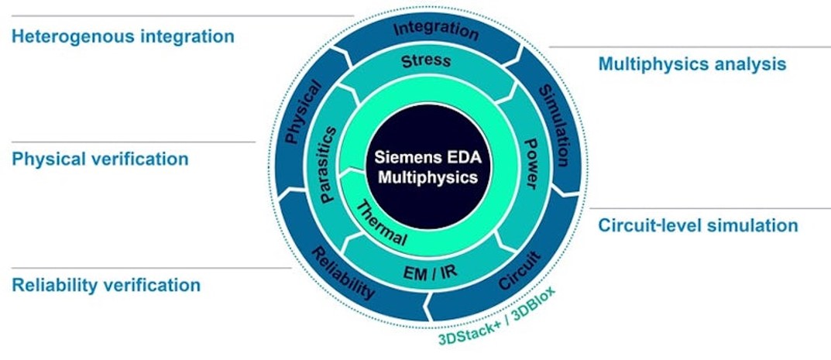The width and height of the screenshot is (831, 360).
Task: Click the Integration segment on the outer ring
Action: point(436,30)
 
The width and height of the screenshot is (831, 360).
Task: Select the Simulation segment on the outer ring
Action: point(555,124)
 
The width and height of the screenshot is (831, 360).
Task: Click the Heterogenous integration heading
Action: point(122,36)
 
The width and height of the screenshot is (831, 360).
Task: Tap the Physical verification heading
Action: point(100,159)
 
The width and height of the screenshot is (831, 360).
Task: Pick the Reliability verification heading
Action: point(106,285)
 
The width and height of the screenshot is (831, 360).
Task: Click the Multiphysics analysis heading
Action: point(692,64)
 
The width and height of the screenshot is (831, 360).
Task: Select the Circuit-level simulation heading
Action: point(697,225)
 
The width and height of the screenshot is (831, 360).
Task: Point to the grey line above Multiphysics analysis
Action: point(689,47)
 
